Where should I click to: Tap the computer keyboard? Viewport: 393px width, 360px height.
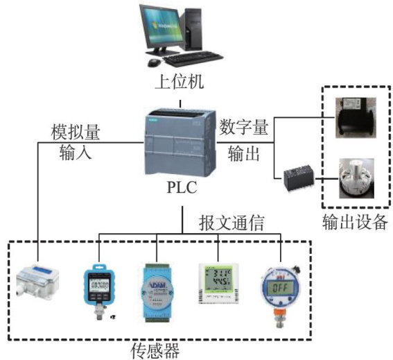[x=193, y=58]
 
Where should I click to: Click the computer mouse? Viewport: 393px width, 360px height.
[x=154, y=62]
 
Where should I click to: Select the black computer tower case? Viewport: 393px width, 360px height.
[x=194, y=29]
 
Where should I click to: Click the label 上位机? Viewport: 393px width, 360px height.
[x=180, y=81]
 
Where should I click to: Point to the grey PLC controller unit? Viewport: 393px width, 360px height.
[x=180, y=143]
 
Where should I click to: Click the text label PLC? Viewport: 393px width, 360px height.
[x=182, y=187]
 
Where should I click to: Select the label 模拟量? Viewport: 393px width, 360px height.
[x=76, y=132]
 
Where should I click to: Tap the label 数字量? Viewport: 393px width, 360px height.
[x=244, y=127]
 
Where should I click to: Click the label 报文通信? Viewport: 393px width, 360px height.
[x=232, y=223]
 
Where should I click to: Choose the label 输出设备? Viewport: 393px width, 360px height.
[x=355, y=222]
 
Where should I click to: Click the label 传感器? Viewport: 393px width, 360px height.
[x=155, y=350]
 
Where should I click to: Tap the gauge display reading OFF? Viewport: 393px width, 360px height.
[x=280, y=288]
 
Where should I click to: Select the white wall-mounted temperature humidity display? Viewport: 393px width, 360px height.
[x=218, y=284]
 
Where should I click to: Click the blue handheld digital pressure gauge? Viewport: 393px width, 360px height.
[x=100, y=291]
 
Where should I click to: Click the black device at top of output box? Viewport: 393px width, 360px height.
[x=356, y=117]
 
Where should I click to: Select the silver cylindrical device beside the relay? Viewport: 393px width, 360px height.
[x=357, y=178]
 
